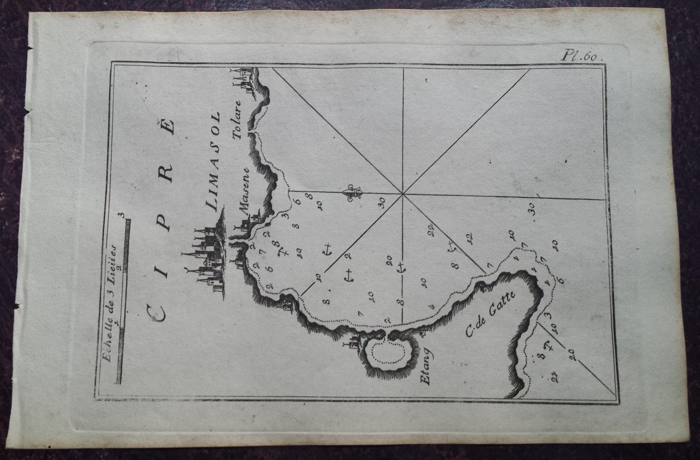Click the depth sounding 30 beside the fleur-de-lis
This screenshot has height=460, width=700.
(381, 202)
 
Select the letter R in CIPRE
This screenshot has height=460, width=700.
(168, 175)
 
